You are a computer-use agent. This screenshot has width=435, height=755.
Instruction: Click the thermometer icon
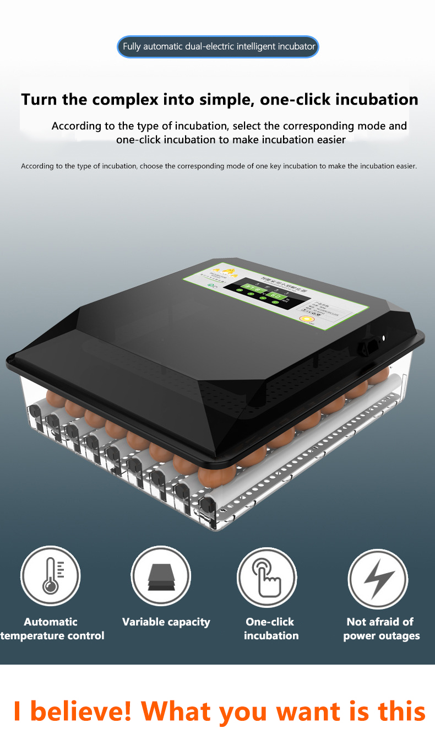coord(51,576)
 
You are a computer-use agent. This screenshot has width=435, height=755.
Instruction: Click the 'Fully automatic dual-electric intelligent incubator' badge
coord(219,47)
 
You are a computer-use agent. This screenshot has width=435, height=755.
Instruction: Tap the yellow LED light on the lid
coord(304,318)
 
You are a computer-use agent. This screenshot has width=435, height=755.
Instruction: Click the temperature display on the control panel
coord(254,288)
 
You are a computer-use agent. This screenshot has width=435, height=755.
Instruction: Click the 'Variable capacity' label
coord(166,622)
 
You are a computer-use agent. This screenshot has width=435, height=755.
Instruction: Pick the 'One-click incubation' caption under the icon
coord(270,629)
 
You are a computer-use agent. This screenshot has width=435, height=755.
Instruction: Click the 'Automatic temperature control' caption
coord(51,629)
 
